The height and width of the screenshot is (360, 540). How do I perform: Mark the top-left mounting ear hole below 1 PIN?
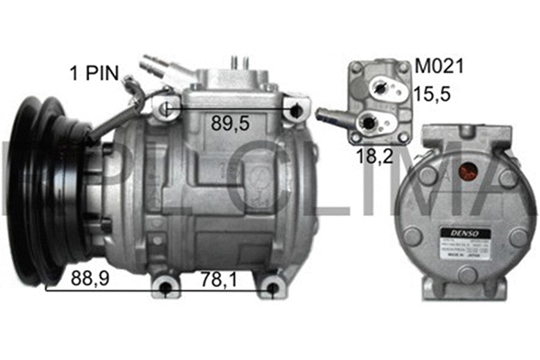[165, 110]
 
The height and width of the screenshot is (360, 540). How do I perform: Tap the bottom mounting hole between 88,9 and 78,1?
[164, 289]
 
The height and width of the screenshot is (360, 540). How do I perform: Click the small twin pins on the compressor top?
[241, 62]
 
